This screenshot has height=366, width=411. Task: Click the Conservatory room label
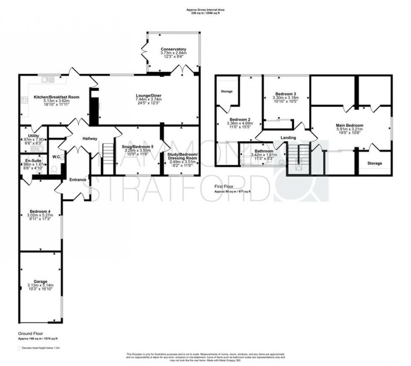pyautogui.click(x=173, y=49)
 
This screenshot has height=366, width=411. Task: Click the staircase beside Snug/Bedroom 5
pyautogui.click(x=108, y=153)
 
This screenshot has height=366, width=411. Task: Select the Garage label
pyautogui.click(x=41, y=281)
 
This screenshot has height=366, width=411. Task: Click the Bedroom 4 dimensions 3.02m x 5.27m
pyautogui.click(x=41, y=215)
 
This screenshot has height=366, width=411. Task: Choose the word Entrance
pyautogui.click(x=78, y=179)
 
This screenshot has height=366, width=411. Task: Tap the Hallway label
pyautogui.click(x=90, y=139)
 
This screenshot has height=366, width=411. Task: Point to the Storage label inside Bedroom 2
pyautogui.click(x=227, y=91)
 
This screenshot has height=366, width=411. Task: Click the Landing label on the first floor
pyautogui.click(x=288, y=138)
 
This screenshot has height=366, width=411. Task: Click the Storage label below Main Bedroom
pyautogui.click(x=375, y=163)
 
